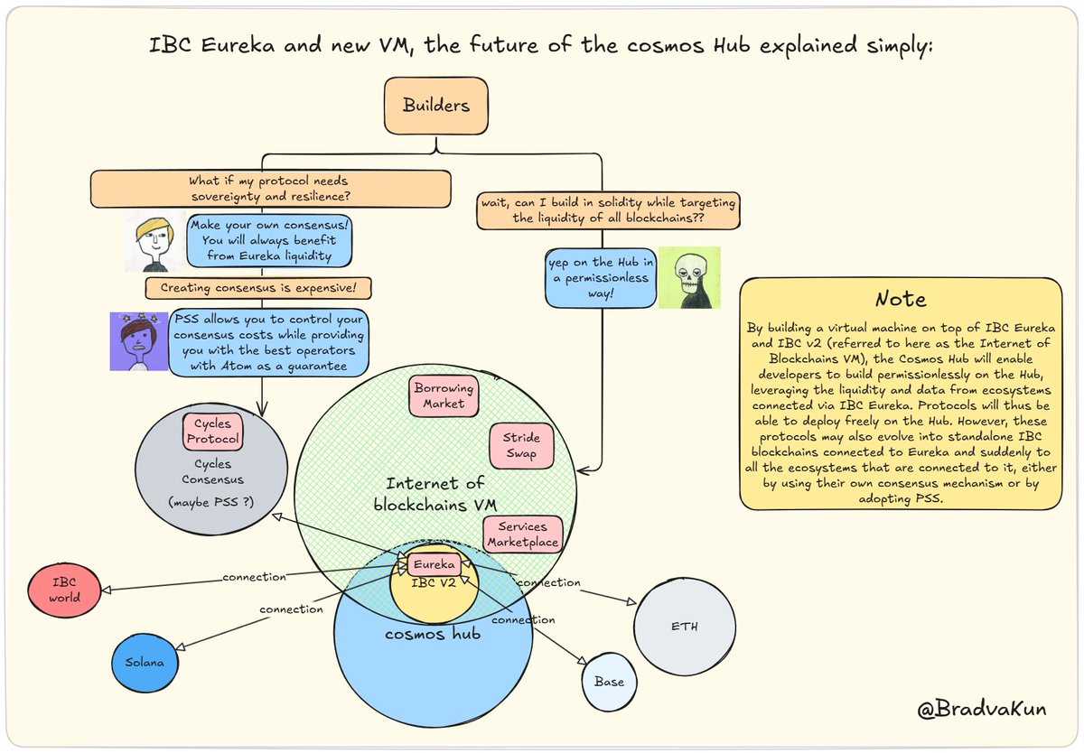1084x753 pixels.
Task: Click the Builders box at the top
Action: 436,106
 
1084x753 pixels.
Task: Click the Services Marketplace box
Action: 523,535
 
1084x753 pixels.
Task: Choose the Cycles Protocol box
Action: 213,432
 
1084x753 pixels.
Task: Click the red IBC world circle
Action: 64,590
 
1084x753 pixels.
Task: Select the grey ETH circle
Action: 684,627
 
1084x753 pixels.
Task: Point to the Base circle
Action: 609,682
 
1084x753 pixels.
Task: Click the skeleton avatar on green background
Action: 688,277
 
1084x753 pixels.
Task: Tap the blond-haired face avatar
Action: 153,242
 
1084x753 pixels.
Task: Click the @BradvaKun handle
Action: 981,710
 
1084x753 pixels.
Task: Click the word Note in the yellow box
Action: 901,299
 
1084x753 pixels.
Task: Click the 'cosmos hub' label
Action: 432,634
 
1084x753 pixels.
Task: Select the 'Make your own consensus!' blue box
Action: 268,240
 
